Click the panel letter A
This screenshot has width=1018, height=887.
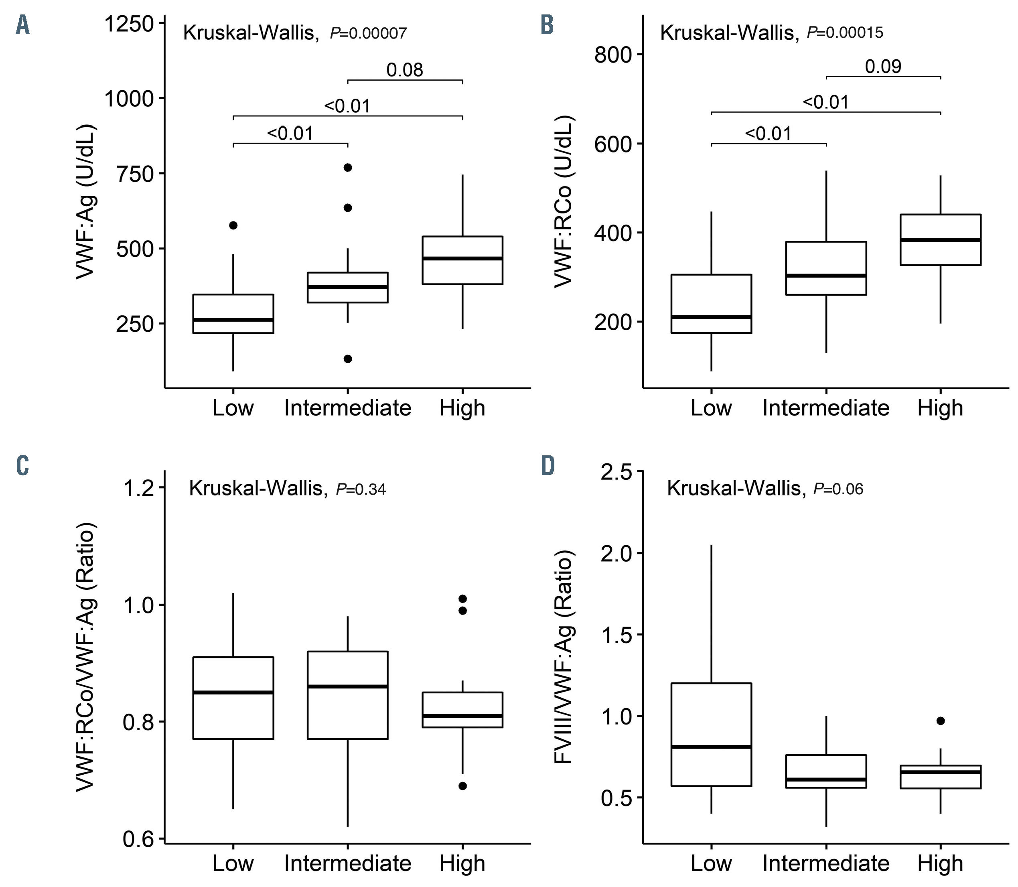pos(22,25)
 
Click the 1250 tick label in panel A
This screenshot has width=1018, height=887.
pos(129,24)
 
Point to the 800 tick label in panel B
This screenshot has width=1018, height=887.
pos(613,55)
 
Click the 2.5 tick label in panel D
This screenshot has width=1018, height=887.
pos(615,472)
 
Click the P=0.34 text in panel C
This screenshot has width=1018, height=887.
pos(361,489)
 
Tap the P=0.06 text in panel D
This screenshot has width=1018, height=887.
pos(838,489)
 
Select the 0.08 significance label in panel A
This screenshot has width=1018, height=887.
pos(404,70)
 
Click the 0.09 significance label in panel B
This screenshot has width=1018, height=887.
pos(883,66)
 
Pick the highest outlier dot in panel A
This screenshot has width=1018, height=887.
pos(347,167)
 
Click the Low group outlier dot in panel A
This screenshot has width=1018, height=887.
pos(233,225)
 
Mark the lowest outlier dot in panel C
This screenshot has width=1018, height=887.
pos(462,786)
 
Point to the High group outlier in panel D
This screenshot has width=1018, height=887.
pos(940,721)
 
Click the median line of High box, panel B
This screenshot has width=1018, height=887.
pos(940,240)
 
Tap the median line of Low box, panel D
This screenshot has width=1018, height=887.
pos(711,747)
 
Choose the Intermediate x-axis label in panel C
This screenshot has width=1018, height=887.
pos(347,863)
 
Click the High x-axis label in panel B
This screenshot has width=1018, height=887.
pos(940,408)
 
